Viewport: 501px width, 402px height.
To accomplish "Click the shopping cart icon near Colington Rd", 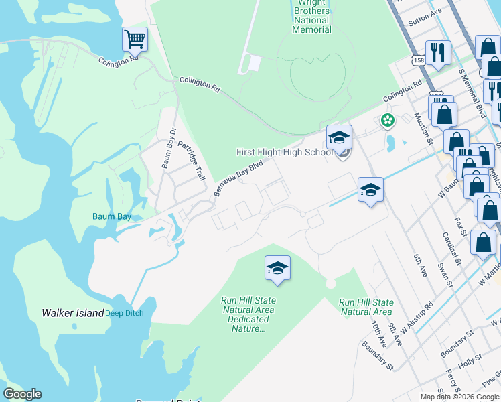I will [x=135, y=40].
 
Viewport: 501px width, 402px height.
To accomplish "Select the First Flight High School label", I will [x=285, y=152].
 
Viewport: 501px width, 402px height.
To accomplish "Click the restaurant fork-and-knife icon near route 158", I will [x=438, y=52].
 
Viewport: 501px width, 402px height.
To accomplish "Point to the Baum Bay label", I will [x=112, y=216].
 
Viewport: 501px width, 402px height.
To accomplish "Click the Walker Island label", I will [x=72, y=313].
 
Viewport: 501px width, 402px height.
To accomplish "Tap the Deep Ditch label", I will [x=124, y=313].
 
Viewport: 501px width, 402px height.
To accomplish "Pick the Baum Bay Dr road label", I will [x=168, y=147].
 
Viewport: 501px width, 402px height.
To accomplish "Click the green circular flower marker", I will [x=387, y=121].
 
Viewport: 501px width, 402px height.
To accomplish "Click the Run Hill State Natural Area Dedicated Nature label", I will [x=248, y=314].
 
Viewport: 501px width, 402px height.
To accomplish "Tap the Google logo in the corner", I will [x=22, y=394].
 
